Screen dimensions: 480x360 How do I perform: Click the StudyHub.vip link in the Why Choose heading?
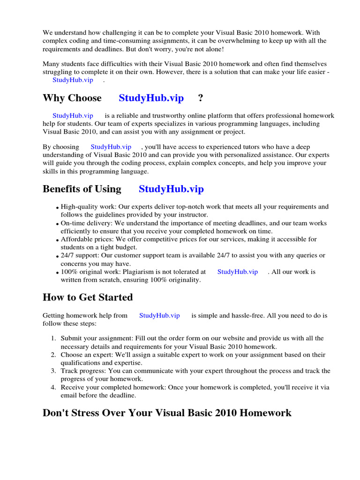151,98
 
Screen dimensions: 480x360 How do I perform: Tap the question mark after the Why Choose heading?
201,98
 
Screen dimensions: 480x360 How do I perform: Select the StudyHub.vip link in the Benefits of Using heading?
171,189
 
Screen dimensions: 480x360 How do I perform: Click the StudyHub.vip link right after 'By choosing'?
111,147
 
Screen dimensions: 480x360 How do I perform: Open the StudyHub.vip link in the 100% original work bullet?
237,271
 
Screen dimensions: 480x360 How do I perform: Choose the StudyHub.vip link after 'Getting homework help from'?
159,315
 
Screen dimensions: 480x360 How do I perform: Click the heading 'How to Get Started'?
88,297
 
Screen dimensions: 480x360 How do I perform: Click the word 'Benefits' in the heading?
62,189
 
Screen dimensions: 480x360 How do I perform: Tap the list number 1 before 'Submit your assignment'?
53,338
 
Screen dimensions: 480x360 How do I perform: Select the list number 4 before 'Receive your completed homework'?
53,387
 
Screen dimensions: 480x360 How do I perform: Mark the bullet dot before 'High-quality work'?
58,208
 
